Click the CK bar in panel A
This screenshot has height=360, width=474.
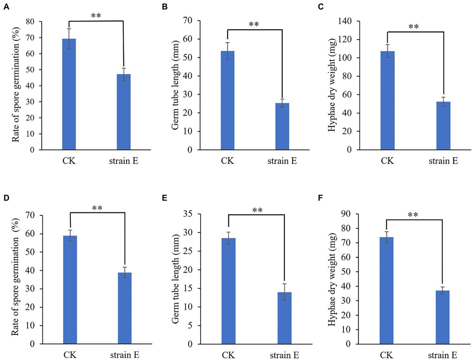tap(69, 94)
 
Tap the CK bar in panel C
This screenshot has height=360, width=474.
tap(387, 101)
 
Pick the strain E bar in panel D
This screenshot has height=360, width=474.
tap(125, 308)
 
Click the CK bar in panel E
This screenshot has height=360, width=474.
tap(229, 291)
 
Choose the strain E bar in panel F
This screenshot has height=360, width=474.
tap(442, 317)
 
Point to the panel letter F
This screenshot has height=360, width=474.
tap(320, 198)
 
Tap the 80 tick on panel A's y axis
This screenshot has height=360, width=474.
tap(30, 22)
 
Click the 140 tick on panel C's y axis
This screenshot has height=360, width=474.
tap(345, 21)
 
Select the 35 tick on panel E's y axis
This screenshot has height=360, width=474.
tap(187, 214)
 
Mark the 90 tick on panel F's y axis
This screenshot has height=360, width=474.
tap(346, 214)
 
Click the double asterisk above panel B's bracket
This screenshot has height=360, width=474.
tap(254, 24)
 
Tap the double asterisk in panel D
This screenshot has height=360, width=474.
tap(97, 208)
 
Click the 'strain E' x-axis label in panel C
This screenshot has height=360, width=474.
tap(443, 161)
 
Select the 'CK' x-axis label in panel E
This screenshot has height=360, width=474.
tap(228, 355)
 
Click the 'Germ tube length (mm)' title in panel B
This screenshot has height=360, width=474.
tap(175, 85)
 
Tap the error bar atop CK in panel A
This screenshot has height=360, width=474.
tap(69, 39)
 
